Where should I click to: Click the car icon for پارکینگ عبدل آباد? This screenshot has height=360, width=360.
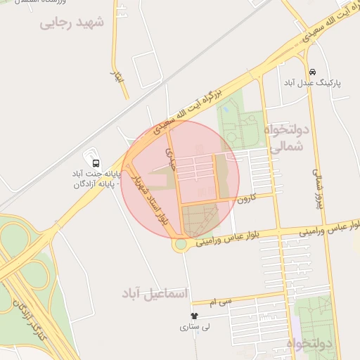pos(312,72)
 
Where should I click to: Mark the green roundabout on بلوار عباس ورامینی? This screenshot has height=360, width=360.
pos(181,244)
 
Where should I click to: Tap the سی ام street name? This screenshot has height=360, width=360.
pos(225,301)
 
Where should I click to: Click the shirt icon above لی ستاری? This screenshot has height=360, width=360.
pos(195,316)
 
